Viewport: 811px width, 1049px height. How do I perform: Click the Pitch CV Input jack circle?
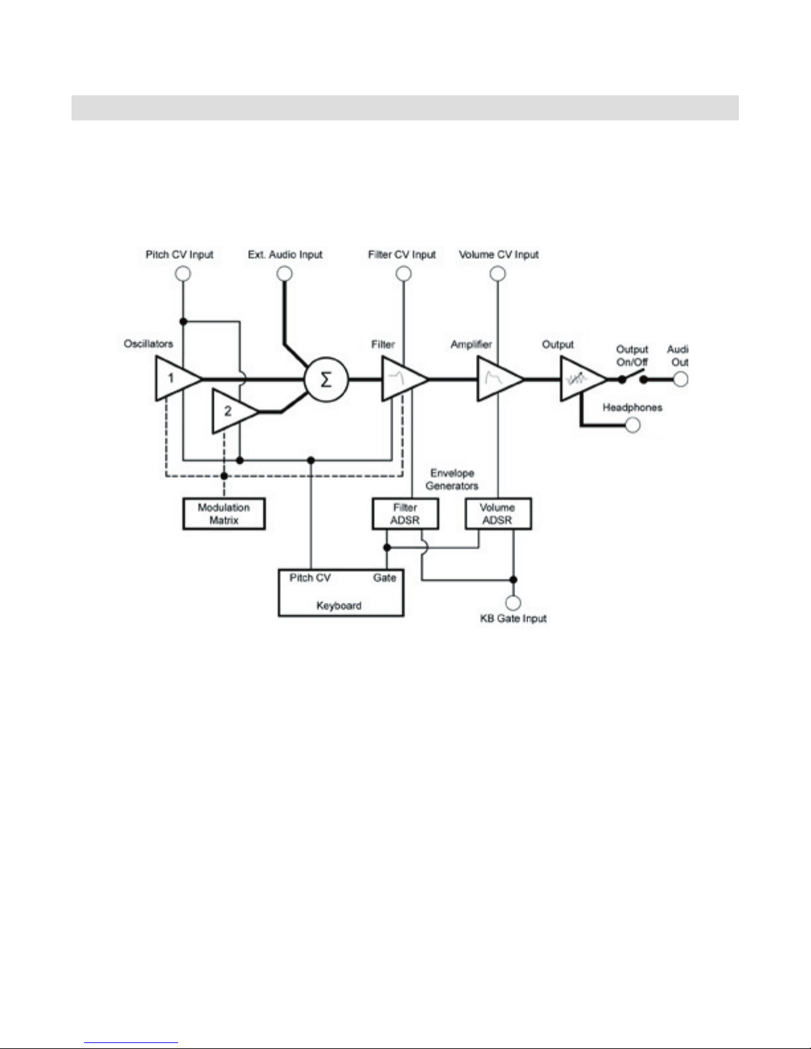(183, 274)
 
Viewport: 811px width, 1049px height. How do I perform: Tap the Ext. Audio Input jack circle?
(284, 274)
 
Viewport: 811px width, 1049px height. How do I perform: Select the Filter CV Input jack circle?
(404, 274)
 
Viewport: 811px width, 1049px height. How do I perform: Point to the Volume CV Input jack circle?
(498, 274)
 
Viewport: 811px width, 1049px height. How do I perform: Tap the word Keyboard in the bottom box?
(339, 606)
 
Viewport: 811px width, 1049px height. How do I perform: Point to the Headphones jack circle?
(632, 425)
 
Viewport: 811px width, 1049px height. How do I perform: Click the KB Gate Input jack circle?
(513, 602)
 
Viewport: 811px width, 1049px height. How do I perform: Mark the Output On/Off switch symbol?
(633, 377)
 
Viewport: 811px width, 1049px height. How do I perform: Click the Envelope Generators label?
(452, 479)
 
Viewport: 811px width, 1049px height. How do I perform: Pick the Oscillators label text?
(148, 343)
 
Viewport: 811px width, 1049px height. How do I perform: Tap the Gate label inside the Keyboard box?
(385, 577)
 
